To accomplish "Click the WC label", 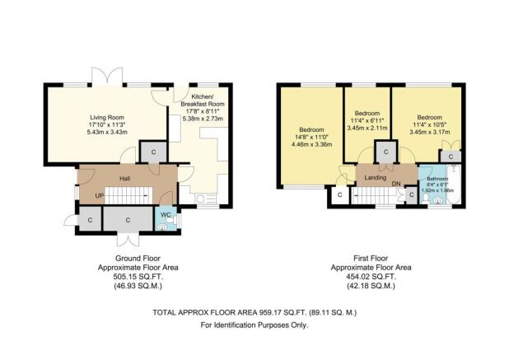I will [166, 214].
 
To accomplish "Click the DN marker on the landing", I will [396, 184].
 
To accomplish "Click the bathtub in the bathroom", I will [459, 185].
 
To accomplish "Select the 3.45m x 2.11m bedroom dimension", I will [368, 128].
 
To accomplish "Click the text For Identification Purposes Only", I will [254, 326].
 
